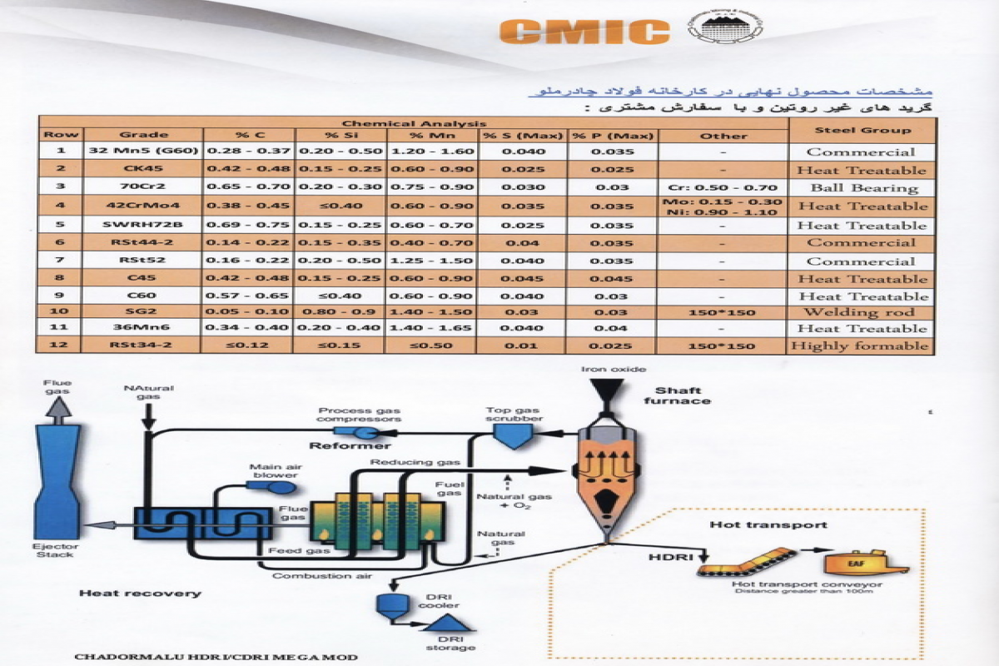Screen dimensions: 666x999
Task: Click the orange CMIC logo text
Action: point(585,31)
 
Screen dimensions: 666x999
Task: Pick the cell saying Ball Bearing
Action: point(861,188)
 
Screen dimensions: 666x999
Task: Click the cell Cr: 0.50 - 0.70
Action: point(723,188)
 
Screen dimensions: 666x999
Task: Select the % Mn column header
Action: point(430,135)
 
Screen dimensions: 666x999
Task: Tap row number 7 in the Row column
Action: point(61,261)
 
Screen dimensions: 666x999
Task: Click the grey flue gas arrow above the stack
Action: point(57,406)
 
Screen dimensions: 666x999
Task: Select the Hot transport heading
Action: point(768,524)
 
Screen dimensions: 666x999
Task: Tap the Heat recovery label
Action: point(140,594)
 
